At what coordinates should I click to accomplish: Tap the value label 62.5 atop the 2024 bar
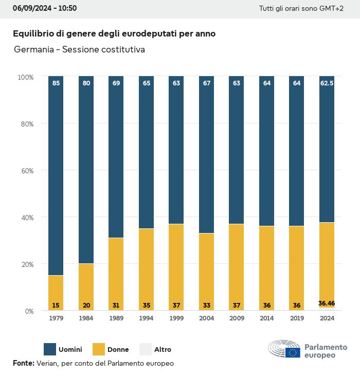[327, 83]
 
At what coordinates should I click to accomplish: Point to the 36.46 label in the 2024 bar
[327, 303]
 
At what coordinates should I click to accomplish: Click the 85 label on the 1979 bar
[56, 83]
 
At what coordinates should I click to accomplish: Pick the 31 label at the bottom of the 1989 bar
[116, 306]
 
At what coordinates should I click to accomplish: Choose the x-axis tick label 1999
[176, 318]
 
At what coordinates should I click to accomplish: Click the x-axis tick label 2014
[266, 318]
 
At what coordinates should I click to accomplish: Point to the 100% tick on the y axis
[25, 77]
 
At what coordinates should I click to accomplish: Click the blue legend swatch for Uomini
[50, 349]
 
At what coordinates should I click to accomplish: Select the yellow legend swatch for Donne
[99, 349]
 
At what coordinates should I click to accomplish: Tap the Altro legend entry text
[163, 350]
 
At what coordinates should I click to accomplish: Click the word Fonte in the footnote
[23, 363]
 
